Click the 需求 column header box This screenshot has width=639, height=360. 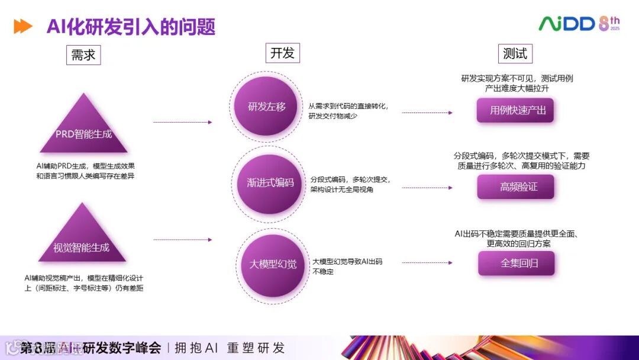click(x=83, y=55)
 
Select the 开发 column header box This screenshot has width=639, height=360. click(x=282, y=53)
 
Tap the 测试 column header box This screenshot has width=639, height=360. click(x=515, y=53)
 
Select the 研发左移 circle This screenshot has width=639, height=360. click(x=267, y=107)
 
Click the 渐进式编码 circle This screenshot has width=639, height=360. click(x=270, y=182)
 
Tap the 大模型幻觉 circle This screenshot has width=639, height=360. click(x=272, y=263)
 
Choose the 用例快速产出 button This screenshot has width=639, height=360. click(x=515, y=110)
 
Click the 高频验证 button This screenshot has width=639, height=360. click(x=516, y=187)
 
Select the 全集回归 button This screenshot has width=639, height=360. click(x=517, y=263)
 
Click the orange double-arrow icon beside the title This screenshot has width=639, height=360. click(x=23, y=27)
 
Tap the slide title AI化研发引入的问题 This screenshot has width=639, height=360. click(x=131, y=27)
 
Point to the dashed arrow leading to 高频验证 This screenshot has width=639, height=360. click(x=427, y=188)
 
